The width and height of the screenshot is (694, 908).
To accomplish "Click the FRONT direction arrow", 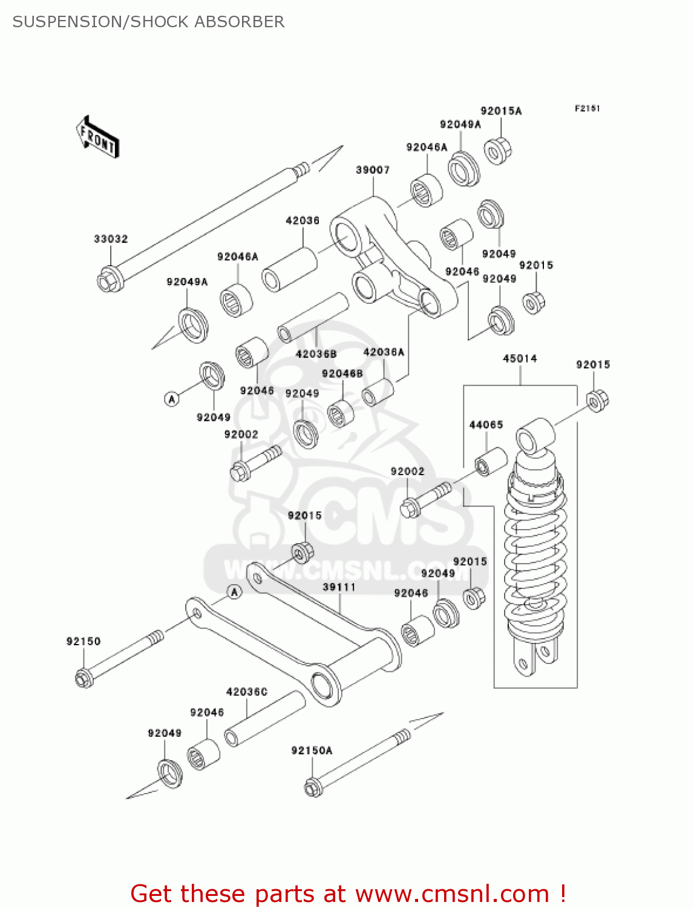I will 97,137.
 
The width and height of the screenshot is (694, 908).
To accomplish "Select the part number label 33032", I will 111,239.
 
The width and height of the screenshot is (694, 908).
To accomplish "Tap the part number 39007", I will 372,170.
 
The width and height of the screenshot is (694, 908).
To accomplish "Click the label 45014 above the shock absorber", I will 520,358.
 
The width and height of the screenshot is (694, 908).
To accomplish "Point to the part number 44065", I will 486,425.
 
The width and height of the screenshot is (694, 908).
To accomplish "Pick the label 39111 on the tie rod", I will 339,587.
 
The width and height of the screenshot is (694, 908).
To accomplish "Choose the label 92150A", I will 312,751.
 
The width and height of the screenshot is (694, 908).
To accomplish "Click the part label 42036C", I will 246,692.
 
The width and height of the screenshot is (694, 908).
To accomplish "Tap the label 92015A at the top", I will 501,111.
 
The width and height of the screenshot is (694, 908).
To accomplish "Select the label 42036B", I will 316,354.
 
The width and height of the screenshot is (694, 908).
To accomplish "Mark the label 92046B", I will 342,374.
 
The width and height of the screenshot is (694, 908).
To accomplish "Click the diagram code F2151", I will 587,108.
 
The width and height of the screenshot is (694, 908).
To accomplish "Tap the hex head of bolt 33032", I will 110,280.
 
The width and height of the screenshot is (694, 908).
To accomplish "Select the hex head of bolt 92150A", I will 312,788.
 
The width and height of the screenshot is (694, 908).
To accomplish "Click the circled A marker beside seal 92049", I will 172,399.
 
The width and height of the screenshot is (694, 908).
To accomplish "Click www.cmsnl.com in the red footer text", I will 451,894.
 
